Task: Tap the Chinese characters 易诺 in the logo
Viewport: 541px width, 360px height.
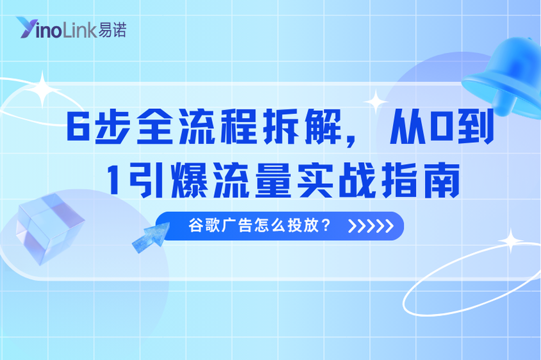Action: coord(112,29)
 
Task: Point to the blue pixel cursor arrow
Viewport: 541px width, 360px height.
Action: coord(149,235)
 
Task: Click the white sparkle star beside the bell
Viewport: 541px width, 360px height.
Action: coord(375,101)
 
